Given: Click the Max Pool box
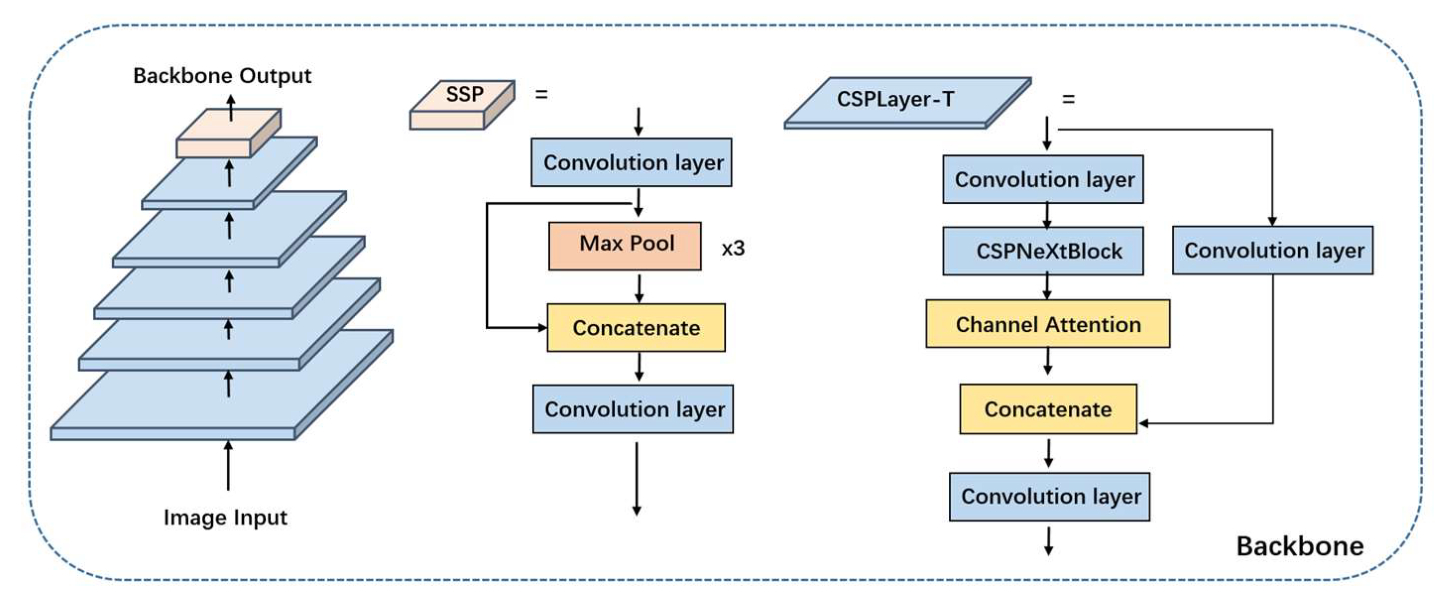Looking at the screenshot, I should [625, 245].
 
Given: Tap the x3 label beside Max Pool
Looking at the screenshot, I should [733, 248].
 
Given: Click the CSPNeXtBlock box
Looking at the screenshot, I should [1042, 251].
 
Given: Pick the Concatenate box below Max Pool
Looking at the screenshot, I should [635, 327].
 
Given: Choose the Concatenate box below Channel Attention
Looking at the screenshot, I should [1048, 409].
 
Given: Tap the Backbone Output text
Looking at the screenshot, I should [222, 76].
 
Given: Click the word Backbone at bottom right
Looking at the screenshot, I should [1299, 545].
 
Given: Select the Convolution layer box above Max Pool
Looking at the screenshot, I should [631, 162].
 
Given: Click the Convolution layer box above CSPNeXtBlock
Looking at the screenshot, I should [1042, 179].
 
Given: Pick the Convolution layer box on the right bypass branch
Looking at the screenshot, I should [1272, 250].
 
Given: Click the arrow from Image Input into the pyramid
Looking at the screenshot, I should [228, 466].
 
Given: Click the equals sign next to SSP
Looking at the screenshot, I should [541, 94].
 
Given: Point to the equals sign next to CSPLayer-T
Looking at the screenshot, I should [1068, 99].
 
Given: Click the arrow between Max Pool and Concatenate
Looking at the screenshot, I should [639, 288].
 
